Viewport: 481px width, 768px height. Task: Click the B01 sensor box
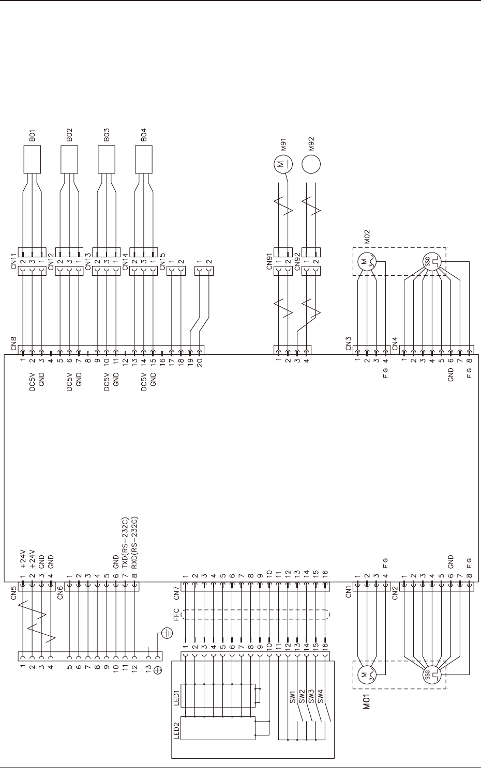pos(33,160)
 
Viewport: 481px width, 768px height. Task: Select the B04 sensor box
pos(144,160)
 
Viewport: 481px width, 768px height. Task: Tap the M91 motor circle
pos(282,165)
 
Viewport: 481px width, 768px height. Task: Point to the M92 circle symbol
pos(311,165)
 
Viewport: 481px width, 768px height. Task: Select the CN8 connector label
pos(14,343)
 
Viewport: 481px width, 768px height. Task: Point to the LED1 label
pos(177,698)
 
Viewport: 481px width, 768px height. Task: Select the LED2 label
pos(177,730)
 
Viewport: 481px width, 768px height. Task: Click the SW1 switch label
pos(293,698)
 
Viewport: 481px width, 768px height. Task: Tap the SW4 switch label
pos(321,698)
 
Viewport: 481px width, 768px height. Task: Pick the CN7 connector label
pos(176,592)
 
